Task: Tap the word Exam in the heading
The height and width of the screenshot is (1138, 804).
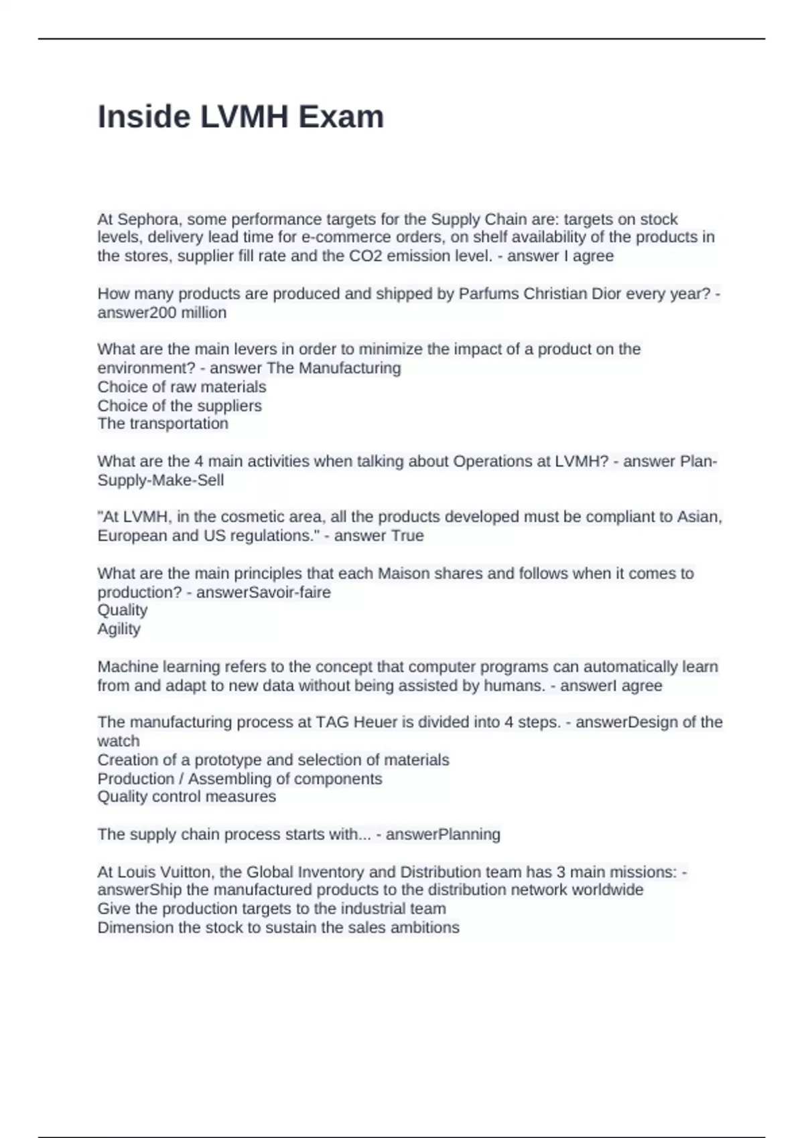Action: tap(341, 117)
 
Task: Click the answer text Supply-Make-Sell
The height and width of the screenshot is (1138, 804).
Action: tap(161, 481)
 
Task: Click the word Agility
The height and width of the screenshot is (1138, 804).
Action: tap(119, 629)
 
